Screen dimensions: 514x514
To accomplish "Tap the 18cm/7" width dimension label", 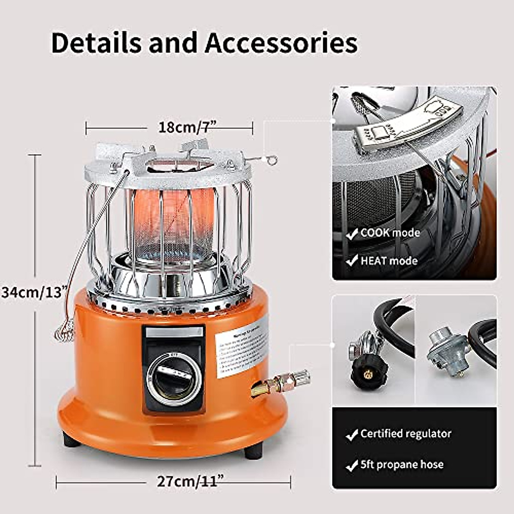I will (x=187, y=127).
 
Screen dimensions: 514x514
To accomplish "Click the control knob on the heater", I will (x=174, y=377).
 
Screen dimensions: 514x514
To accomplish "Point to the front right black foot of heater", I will (x=253, y=451).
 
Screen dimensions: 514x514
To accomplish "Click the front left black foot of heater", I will (x=71, y=439).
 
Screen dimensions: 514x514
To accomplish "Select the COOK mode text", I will (x=390, y=233).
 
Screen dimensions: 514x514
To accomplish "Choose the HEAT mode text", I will (x=388, y=260).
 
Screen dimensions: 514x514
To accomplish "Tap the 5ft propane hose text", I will (x=402, y=465).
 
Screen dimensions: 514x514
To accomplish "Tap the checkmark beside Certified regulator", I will (x=352, y=435).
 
